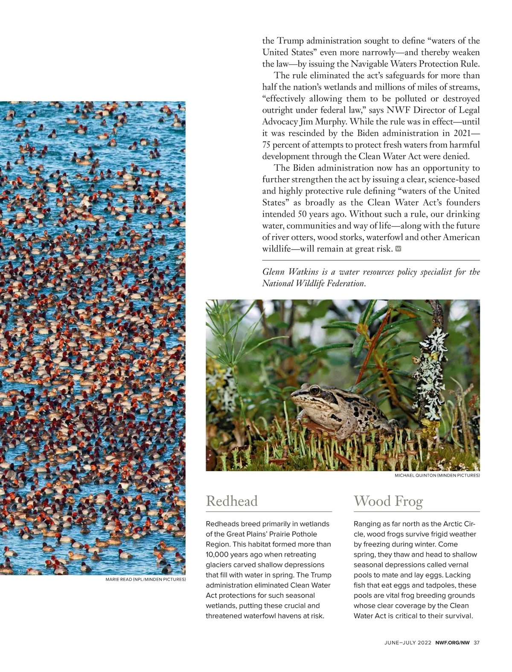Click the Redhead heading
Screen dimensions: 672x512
(x=232, y=501)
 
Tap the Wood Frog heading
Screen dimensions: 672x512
(x=388, y=501)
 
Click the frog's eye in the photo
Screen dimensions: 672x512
(x=315, y=390)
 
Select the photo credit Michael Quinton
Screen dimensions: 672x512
(x=437, y=475)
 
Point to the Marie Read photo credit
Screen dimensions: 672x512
(x=145, y=579)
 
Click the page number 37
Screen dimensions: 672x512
(x=477, y=643)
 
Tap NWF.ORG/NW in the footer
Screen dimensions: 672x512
(x=452, y=643)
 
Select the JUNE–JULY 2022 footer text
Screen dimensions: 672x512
(x=407, y=643)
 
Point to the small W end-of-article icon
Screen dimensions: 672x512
(x=399, y=249)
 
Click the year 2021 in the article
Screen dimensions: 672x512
(x=463, y=133)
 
